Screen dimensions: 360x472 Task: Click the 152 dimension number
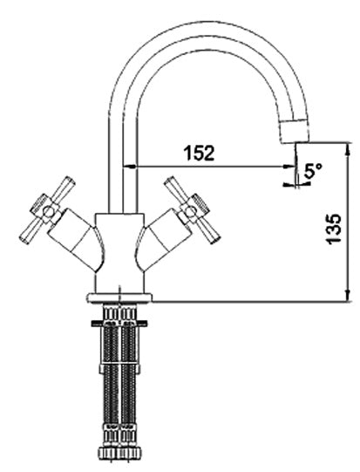point(199,153)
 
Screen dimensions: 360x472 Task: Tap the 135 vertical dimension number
point(334,229)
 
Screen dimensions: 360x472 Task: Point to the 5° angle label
point(313,171)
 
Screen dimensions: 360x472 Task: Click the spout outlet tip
point(295,140)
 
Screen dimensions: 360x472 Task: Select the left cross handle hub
point(48,212)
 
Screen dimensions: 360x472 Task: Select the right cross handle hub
point(190,212)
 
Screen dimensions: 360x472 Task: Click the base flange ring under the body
point(119,298)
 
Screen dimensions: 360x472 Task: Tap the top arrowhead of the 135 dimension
point(348,149)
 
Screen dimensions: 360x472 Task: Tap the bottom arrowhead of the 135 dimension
point(348,295)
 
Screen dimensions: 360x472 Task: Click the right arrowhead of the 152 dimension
point(289,166)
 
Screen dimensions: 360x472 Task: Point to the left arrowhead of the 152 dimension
point(129,166)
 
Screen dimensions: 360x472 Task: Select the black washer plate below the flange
point(119,324)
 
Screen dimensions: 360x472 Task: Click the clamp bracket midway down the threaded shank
point(119,368)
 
